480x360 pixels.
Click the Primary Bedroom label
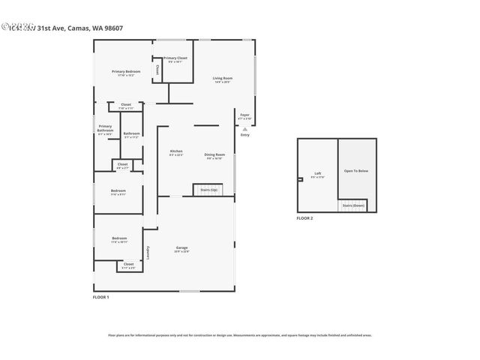click(x=127, y=72)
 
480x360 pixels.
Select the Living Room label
click(x=222, y=79)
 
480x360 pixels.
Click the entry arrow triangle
click(x=244, y=128)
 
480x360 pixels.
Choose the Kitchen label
click(x=176, y=152)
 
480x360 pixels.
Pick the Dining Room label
click(x=214, y=156)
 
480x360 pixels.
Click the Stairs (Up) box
click(x=208, y=190)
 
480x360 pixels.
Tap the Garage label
click(x=182, y=249)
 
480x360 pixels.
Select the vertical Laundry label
click(x=148, y=253)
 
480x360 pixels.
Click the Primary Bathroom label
click(x=105, y=129)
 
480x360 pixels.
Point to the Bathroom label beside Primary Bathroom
click(x=132, y=135)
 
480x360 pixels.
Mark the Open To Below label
click(x=355, y=171)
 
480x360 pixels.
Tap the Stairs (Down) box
click(x=353, y=205)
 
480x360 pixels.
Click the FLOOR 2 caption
click(x=304, y=217)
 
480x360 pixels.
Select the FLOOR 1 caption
click(x=100, y=298)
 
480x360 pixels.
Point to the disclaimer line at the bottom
click(x=239, y=335)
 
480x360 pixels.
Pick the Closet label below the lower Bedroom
click(x=128, y=265)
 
